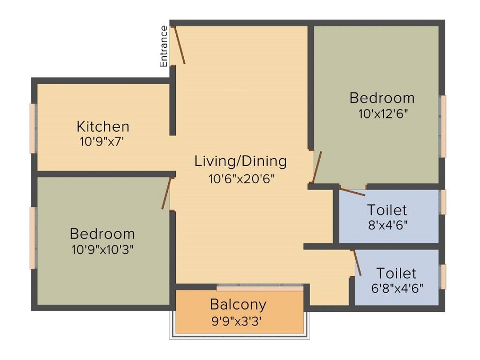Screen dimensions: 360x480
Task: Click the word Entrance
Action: click(164, 46)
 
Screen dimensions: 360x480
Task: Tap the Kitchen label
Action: click(103, 127)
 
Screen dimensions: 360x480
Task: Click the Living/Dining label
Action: click(241, 161)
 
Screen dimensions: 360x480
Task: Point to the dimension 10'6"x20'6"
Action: click(241, 178)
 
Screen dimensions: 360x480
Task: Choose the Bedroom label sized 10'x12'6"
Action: click(382, 98)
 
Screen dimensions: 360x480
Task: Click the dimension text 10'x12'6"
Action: click(383, 113)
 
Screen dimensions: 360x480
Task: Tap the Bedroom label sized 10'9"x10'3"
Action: click(102, 234)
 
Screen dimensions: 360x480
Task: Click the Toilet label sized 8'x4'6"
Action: click(387, 210)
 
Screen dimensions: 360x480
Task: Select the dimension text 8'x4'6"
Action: click(388, 224)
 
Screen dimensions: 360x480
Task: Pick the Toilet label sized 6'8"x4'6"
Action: click(396, 273)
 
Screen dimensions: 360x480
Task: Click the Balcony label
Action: click(237, 305)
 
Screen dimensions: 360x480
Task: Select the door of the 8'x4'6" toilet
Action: click(352, 192)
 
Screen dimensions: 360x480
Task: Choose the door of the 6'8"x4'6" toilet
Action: click(357, 263)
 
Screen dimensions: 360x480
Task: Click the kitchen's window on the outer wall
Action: click(33, 128)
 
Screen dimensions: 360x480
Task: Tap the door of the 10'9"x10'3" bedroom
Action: click(166, 193)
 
